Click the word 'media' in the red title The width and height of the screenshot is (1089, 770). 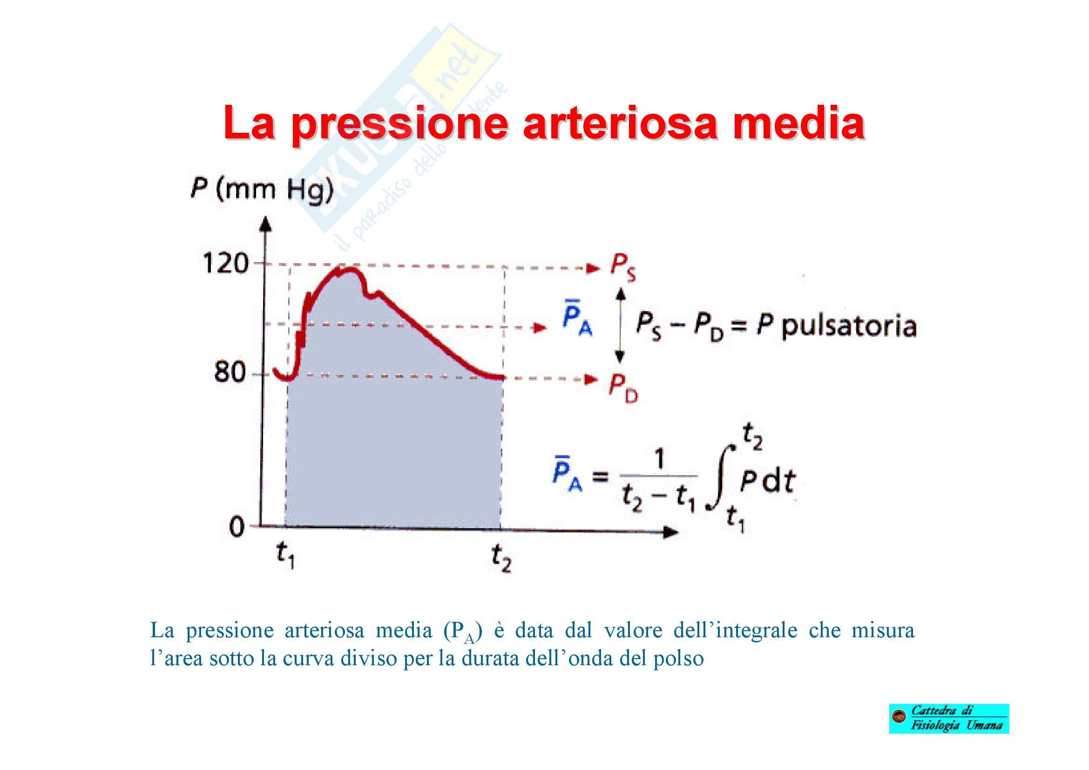tap(798, 123)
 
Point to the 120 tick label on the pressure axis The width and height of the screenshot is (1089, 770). tap(226, 263)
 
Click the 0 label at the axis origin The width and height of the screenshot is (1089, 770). tap(237, 527)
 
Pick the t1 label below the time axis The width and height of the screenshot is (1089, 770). tap(285, 555)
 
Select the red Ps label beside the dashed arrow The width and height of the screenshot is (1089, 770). tap(623, 268)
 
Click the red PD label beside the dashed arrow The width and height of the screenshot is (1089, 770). tap(624, 388)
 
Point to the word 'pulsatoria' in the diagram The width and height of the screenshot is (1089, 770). tap(849, 327)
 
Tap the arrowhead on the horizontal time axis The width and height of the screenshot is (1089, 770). tap(670, 533)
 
